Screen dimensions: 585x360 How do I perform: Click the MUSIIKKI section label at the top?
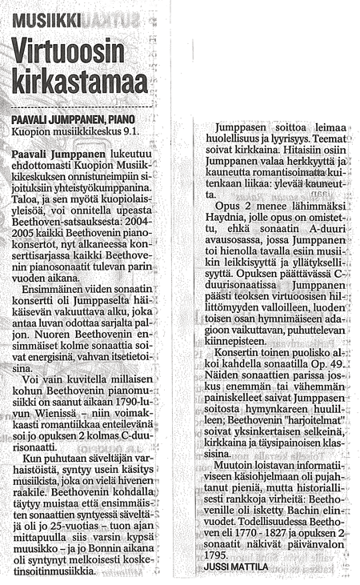point(45,15)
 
